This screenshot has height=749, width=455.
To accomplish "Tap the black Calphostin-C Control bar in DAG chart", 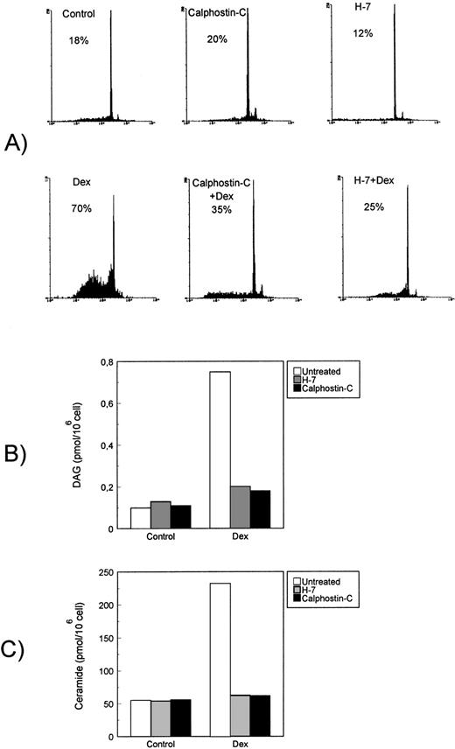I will [x=180, y=516].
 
